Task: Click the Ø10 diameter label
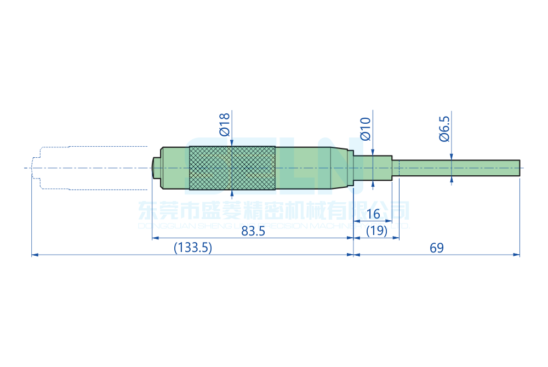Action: pos(366,128)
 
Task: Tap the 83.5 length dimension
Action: pos(253,231)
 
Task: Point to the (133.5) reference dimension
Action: pos(192,248)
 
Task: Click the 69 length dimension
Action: pos(436,248)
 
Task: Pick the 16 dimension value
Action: pos(373,214)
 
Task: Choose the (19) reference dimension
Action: pos(376,231)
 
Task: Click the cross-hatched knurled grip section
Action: pos(232,168)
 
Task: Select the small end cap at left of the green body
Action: pos(156,168)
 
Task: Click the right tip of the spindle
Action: pos(518,168)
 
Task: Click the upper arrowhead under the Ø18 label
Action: pos(232,144)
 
